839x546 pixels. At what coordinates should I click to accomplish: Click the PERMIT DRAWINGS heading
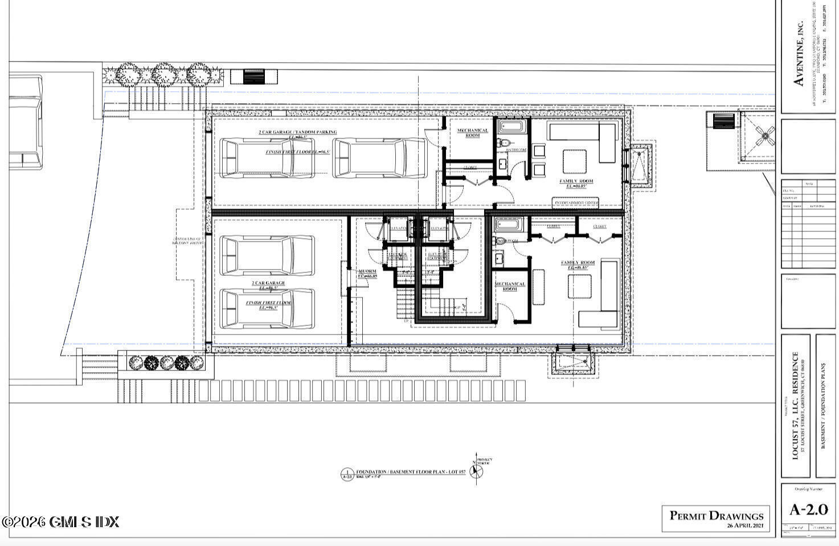click(x=716, y=515)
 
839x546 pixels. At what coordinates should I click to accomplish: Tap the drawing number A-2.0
click(x=808, y=509)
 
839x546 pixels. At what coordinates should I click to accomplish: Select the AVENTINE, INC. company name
click(x=799, y=54)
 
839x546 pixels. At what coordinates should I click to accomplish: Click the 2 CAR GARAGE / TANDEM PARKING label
click(x=298, y=132)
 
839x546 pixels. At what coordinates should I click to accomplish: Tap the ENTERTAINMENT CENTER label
click(x=575, y=203)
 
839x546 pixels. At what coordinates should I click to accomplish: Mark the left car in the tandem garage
click(x=267, y=158)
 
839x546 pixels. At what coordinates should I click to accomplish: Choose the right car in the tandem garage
click(x=379, y=158)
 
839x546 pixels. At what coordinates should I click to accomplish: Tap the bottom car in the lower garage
click(x=267, y=309)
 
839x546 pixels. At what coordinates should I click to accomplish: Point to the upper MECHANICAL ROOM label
click(x=473, y=133)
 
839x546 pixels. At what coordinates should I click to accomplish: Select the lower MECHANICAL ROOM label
click(x=510, y=286)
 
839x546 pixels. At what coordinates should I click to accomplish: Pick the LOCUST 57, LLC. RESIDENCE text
click(x=796, y=405)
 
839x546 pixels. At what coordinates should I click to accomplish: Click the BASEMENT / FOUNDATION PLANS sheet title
click(x=824, y=405)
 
